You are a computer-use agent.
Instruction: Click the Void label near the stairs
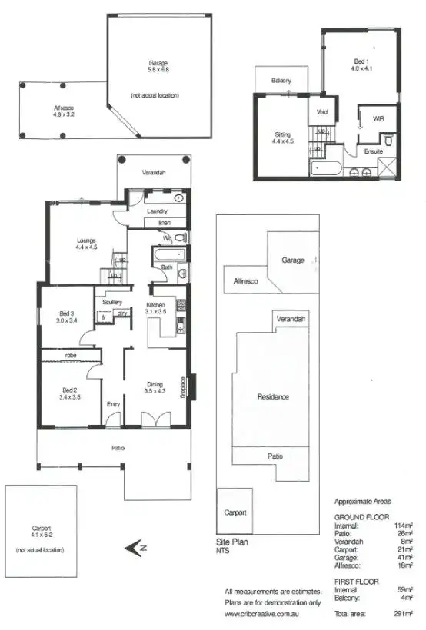pos(321,111)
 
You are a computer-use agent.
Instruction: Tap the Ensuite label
pos(373,151)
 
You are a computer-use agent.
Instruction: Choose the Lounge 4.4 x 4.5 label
pos(86,244)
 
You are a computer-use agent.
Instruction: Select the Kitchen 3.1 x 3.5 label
pos(156,309)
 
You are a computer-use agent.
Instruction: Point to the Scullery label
pos(112,302)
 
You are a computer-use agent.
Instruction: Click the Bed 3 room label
pos(67,317)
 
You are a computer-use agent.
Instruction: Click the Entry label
pos(114,405)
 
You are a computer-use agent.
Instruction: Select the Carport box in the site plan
pos(235,512)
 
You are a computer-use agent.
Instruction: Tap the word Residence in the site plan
pos(273,396)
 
